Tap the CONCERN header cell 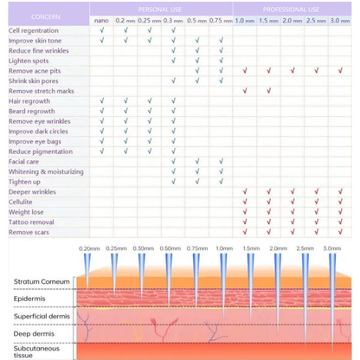pos(46,16)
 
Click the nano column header pos(102,19)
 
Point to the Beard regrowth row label pos(31,112)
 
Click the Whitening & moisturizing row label pos(47,171)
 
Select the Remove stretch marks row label pos(42,91)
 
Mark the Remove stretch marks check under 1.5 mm pos(268,91)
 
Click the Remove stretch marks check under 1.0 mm pos(245,91)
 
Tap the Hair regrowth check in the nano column pos(102,101)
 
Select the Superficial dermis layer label pos(43,315)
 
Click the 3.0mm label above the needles pos(331,248)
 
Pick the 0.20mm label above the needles pos(89,248)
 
